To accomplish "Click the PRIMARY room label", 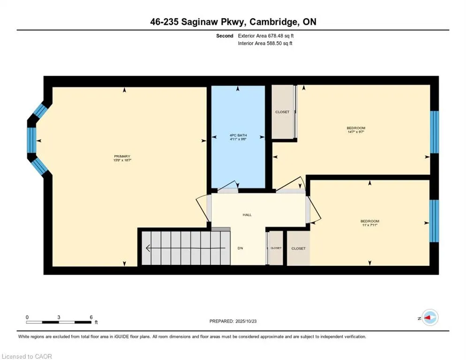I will tap(121, 156).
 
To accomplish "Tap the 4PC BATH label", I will tap(238, 135).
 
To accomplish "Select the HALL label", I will tap(247, 215).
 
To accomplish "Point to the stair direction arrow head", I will tap(148, 248).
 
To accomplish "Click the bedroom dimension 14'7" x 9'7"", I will tap(356, 132).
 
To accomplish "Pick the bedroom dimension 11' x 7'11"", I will tap(370, 225).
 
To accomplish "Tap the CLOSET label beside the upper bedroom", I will tap(282, 112).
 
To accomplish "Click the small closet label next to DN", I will tap(276, 248).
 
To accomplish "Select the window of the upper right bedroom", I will tap(435, 132).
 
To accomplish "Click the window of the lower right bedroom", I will tap(434, 220).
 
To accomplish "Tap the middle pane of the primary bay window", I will tap(32, 140).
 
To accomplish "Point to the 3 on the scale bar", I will tap(59, 317).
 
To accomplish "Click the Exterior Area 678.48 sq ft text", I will tap(266, 36).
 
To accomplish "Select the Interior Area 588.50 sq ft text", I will tap(265, 43).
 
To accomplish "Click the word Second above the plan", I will tap(225, 36).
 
